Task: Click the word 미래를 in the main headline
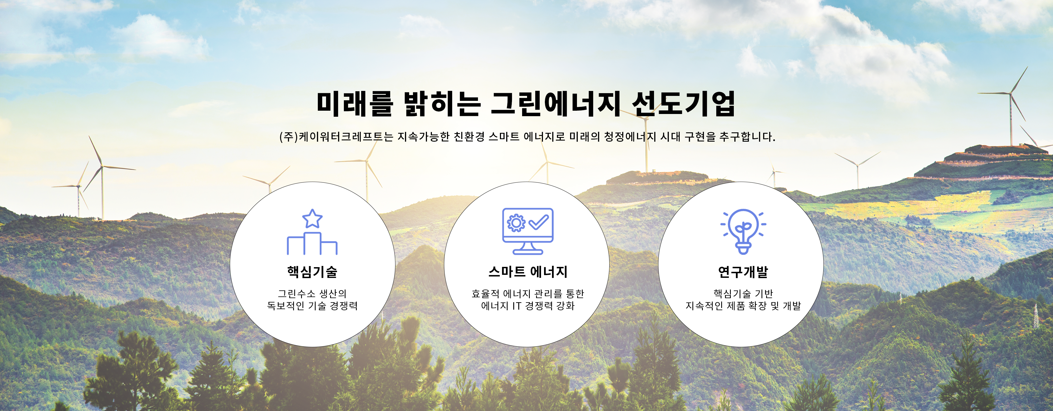pos(355,103)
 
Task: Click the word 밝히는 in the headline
pos(442,103)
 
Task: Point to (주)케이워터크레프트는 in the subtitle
pos(336,136)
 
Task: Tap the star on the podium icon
pos(312,219)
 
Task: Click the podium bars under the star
pos(312,244)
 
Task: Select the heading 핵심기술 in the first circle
pos(312,272)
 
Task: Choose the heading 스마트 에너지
pos(528,272)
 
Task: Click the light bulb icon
pos(743,231)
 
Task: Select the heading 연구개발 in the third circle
pos(743,272)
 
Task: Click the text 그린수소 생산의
pos(312,293)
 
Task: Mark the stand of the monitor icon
pos(528,249)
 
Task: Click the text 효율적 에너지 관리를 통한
pos(528,293)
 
